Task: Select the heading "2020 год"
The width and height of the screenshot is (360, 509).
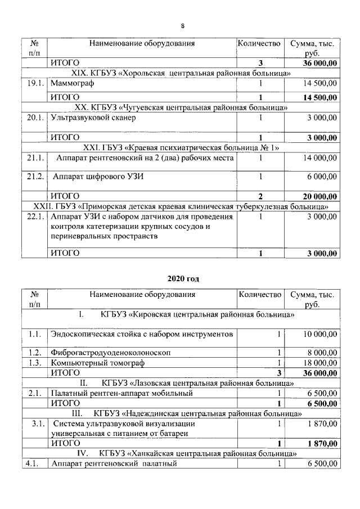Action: tap(183, 278)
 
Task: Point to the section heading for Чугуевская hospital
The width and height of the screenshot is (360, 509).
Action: tap(181, 107)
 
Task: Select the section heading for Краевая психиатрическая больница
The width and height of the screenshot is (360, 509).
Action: tap(181, 147)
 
